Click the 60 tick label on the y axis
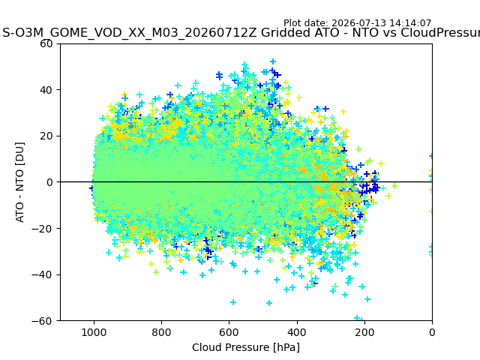click(x=46, y=43)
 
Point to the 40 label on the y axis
click(x=46, y=90)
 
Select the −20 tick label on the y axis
click(x=42, y=228)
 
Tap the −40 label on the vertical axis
click(x=42, y=274)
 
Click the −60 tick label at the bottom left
click(x=42, y=321)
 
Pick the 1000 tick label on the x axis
click(x=94, y=332)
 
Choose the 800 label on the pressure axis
click(x=162, y=332)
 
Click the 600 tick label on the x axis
click(x=229, y=332)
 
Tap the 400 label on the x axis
click(x=297, y=332)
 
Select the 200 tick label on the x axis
click(x=364, y=332)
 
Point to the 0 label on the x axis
click(x=432, y=332)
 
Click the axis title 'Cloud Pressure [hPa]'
click(x=246, y=347)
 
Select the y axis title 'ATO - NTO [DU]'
click(x=19, y=182)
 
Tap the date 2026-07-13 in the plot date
click(x=356, y=23)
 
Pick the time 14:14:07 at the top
click(x=407, y=23)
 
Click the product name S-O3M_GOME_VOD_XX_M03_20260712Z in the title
click(x=130, y=32)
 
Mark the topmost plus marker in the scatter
click(x=273, y=61)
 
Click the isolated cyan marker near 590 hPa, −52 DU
click(x=233, y=302)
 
